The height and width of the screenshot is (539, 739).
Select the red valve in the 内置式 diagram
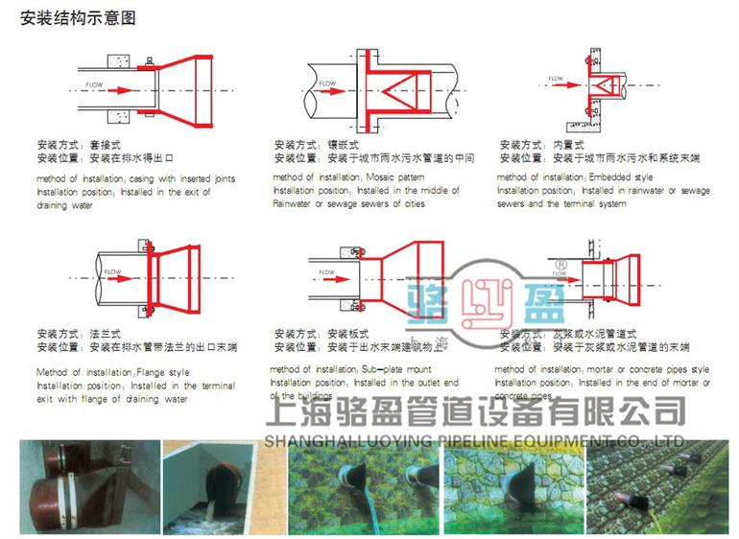(x=604, y=89)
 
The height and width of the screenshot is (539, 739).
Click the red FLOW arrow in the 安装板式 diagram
(x=332, y=282)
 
